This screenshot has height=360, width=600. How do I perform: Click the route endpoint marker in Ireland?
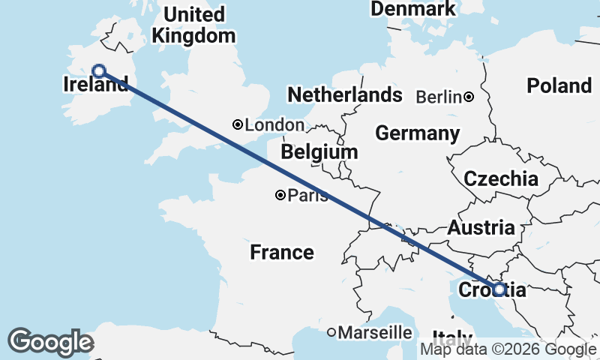click(98, 71)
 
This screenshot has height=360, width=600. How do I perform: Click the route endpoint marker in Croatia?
click(499, 289)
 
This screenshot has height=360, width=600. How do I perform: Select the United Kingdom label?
click(193, 25)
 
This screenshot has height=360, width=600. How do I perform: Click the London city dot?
click(238, 124)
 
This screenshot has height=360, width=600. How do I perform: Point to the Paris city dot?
click(280, 195)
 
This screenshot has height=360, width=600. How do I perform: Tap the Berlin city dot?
click(469, 96)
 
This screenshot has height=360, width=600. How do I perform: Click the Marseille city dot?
click(331, 331)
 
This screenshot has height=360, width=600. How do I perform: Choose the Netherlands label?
click(345, 95)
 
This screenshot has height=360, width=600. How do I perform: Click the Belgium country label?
click(319, 152)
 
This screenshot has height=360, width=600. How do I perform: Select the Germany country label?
click(417, 133)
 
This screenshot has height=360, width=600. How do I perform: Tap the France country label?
click(282, 252)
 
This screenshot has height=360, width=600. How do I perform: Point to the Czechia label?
click(501, 178)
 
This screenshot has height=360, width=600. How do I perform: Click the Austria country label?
click(481, 228)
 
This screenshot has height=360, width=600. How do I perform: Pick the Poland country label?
click(559, 85)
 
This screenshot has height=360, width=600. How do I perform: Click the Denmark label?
click(413, 9)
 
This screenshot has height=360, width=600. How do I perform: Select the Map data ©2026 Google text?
click(508, 349)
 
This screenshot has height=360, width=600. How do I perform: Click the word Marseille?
click(375, 331)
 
